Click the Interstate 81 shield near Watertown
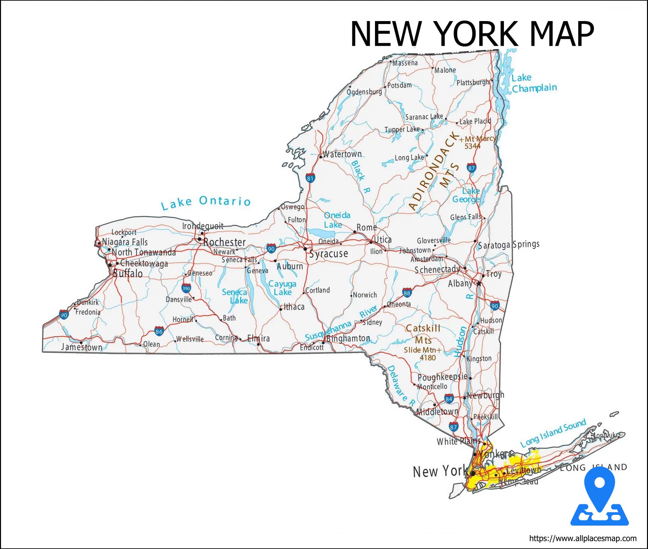click(310, 178)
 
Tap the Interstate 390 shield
click(186, 288)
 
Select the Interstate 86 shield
click(159, 331)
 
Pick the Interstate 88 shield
click(407, 293)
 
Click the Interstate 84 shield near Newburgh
click(449, 399)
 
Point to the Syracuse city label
click(328, 253)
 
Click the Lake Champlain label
click(534, 83)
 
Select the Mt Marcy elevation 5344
click(472, 146)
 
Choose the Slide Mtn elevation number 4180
click(428, 357)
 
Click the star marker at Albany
click(479, 283)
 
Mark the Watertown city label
click(342, 154)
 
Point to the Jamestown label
click(82, 347)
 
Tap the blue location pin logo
click(600, 497)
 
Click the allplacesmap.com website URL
click(583, 539)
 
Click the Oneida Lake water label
click(337, 220)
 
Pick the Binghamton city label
click(348, 338)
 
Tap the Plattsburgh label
click(473, 82)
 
